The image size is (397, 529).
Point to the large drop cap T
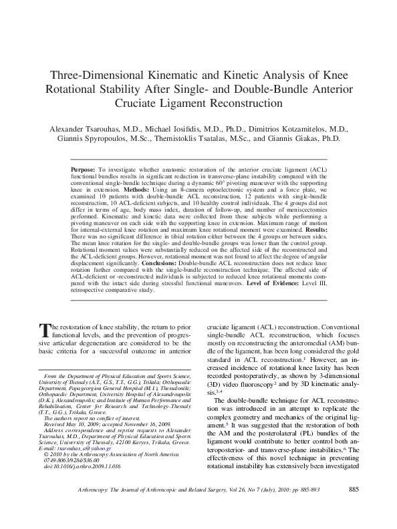(45, 329)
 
